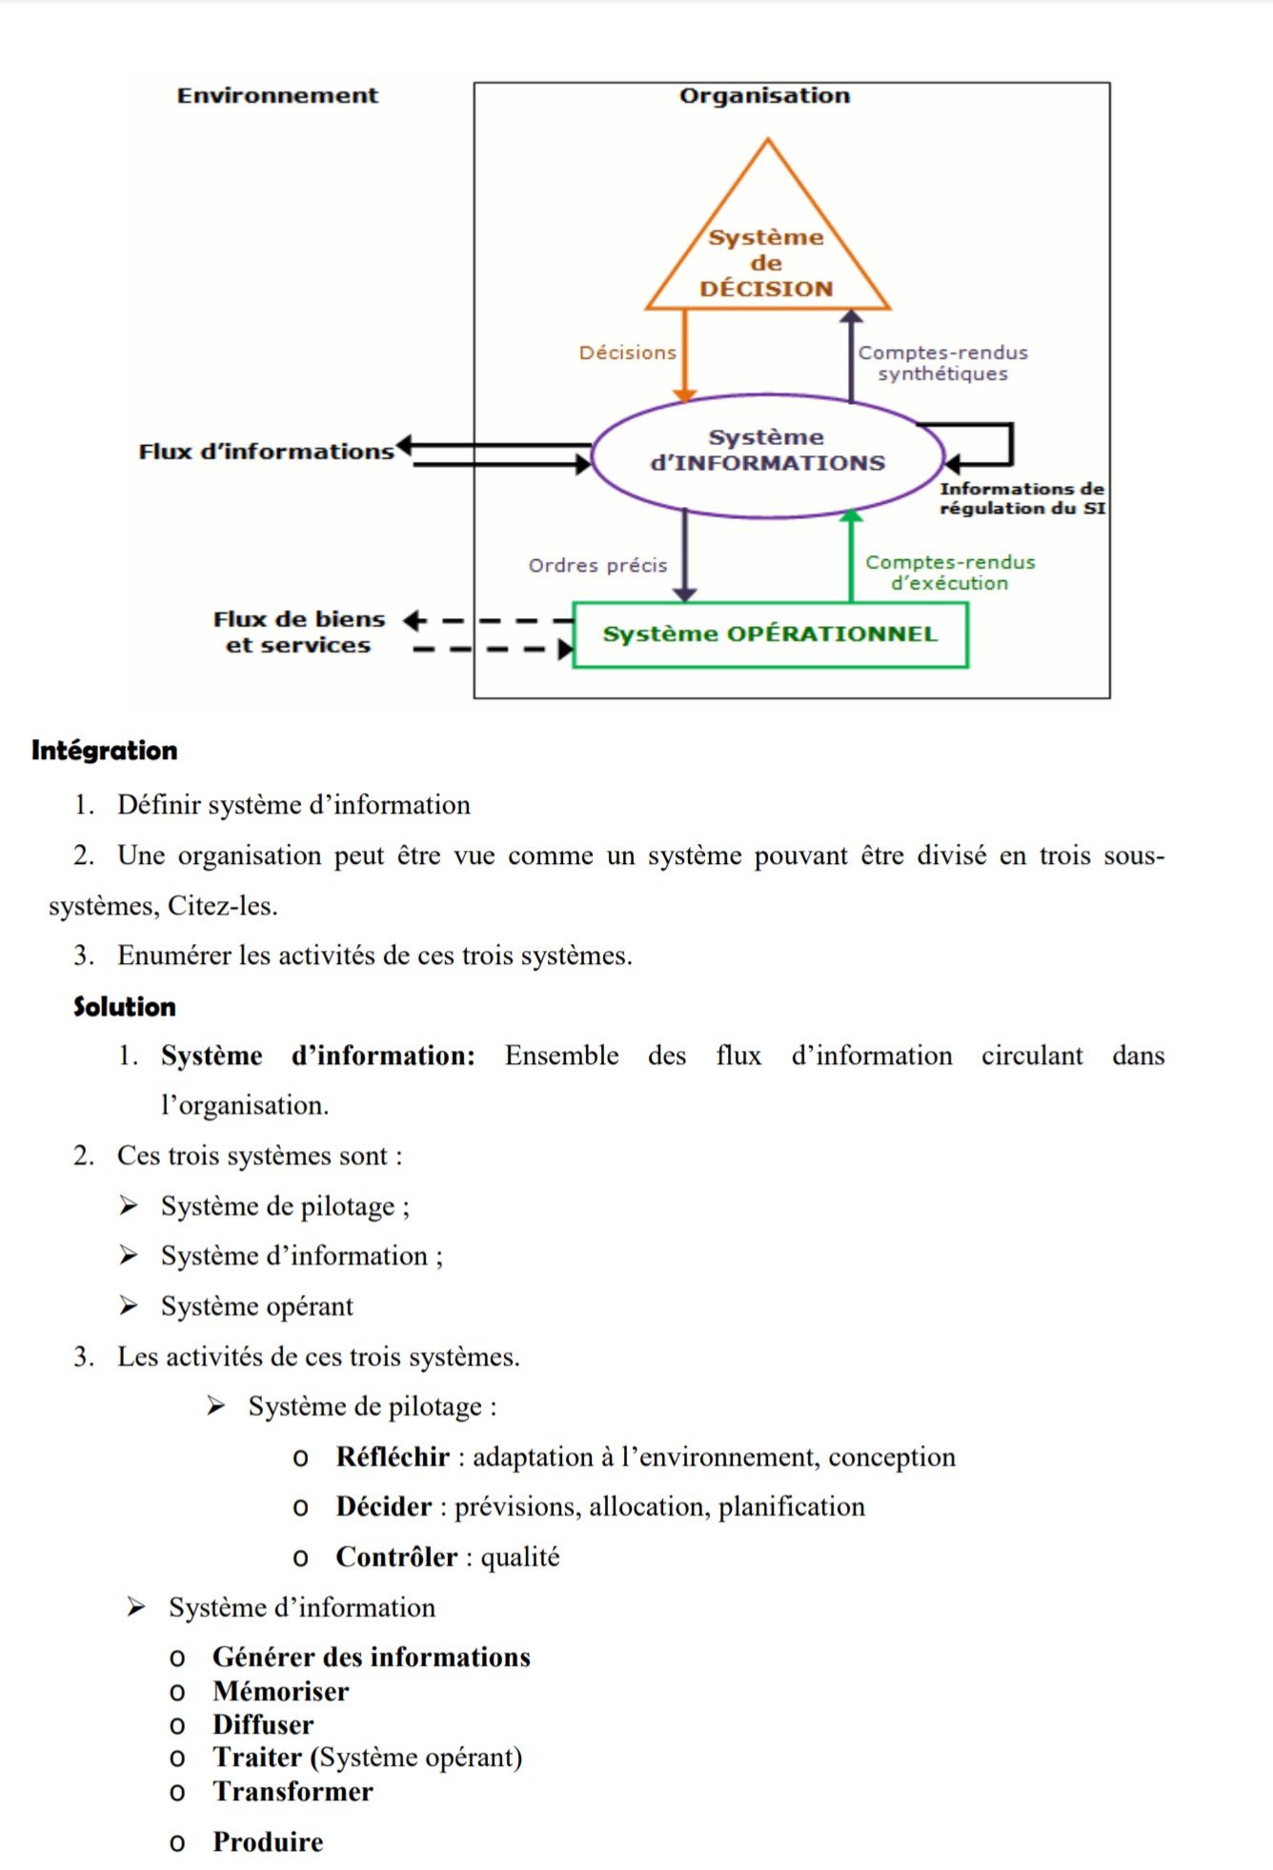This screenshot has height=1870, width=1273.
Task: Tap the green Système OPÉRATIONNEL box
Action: (x=770, y=634)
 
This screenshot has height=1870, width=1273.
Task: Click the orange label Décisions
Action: (x=627, y=353)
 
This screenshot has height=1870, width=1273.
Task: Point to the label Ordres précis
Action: (x=597, y=566)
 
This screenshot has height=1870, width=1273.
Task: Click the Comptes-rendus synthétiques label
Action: (x=942, y=363)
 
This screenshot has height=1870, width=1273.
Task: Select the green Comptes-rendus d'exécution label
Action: (x=949, y=573)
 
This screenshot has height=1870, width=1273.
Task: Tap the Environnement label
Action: (x=277, y=95)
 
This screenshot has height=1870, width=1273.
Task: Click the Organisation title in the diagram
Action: (x=764, y=95)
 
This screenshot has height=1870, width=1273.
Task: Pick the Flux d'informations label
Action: (x=266, y=452)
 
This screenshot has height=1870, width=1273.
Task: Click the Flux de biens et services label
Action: (x=298, y=633)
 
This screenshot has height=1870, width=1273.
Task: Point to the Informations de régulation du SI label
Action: (x=1021, y=498)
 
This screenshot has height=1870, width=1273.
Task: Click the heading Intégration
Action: (x=105, y=751)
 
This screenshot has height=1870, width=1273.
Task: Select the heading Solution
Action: (x=125, y=1007)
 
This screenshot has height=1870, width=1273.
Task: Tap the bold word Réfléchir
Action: (x=393, y=1457)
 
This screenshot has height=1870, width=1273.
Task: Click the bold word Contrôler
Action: (x=396, y=1557)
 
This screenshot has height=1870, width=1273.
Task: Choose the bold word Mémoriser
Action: (x=281, y=1691)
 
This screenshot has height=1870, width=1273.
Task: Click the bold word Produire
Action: (x=268, y=1841)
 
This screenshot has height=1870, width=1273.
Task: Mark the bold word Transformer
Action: (x=293, y=1791)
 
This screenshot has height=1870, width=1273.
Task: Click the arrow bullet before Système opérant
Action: (x=129, y=1305)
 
